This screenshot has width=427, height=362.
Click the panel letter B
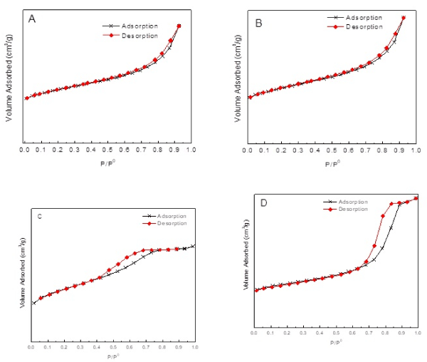(258, 24)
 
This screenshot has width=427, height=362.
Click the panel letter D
(263, 204)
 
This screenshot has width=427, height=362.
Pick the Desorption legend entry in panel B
(364, 26)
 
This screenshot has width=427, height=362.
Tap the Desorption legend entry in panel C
(171, 223)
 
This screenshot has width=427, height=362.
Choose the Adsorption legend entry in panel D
(351, 202)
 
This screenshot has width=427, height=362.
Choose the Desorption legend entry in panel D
(351, 209)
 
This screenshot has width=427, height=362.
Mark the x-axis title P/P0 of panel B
(332, 164)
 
